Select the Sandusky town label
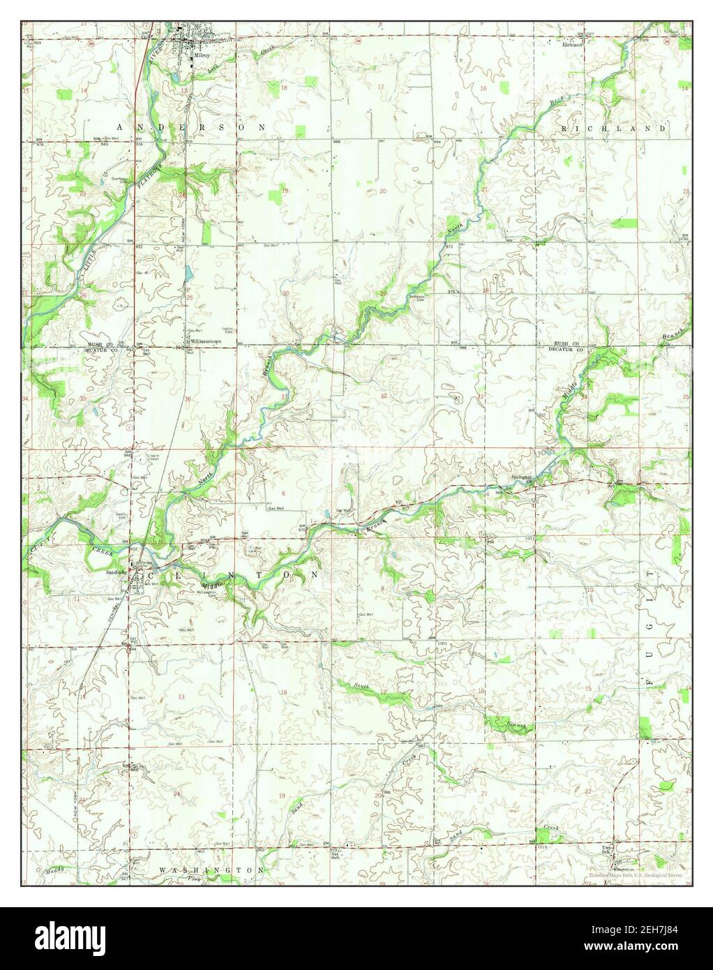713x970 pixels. pyautogui.click(x=115, y=572)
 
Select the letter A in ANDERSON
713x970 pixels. pyautogui.click(x=120, y=127)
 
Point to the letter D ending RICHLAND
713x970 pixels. pyautogui.click(x=665, y=129)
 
